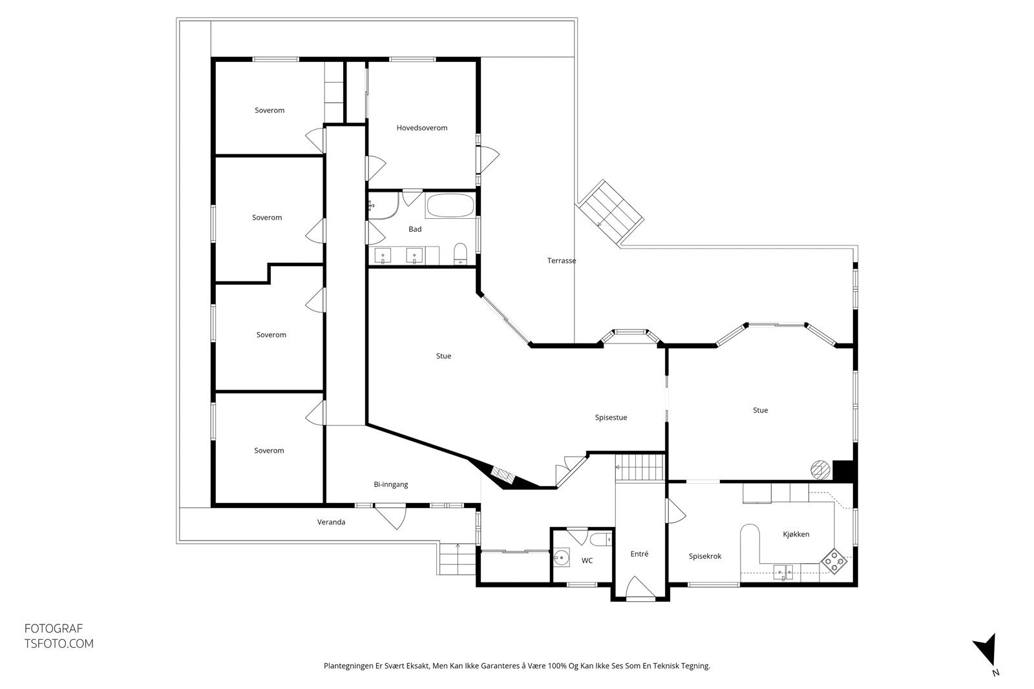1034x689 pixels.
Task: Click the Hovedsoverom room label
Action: [x=422, y=128]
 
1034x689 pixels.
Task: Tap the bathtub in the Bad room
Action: [x=449, y=207]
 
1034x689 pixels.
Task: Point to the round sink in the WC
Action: [x=562, y=556]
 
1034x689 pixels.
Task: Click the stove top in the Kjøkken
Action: [x=834, y=561]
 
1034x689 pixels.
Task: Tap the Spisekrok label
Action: [x=705, y=556]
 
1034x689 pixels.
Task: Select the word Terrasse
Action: [x=562, y=261]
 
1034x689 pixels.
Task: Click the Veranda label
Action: [x=331, y=522]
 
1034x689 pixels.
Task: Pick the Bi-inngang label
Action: [x=391, y=484]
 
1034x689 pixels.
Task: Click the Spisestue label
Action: [x=611, y=417]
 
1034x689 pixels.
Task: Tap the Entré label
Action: [x=639, y=554]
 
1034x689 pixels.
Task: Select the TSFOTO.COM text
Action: [x=59, y=644]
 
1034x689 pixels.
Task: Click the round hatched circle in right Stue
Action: [x=820, y=469]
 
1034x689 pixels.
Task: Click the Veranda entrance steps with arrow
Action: [x=458, y=559]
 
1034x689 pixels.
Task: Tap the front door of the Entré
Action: [x=640, y=590]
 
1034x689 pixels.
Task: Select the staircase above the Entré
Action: [x=639, y=466]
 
